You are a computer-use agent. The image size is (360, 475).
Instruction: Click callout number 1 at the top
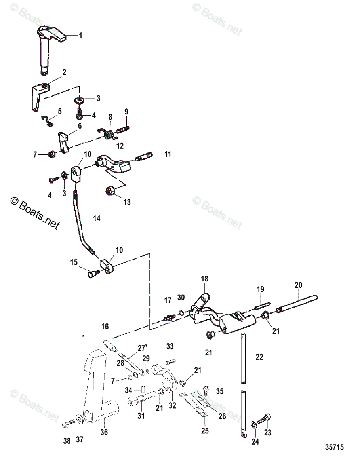(x=80, y=36)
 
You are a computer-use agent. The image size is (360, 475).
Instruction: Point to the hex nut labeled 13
(x=110, y=191)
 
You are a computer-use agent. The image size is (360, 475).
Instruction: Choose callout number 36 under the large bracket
(x=104, y=433)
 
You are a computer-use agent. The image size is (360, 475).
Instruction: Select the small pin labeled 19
(x=261, y=305)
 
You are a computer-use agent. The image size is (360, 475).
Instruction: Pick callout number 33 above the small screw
(x=170, y=346)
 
